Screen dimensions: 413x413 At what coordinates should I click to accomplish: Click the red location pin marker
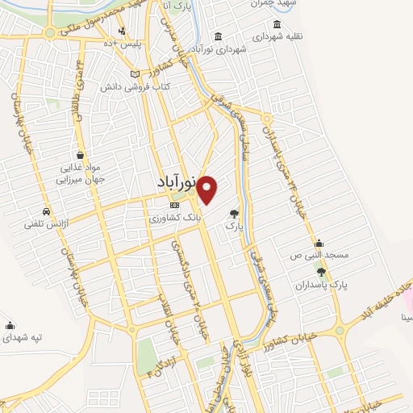point(207,189)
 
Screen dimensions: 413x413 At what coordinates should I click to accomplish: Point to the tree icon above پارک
point(234,214)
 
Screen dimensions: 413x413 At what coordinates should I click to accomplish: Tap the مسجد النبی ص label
point(320,255)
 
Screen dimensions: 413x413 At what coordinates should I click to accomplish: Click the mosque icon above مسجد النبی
point(319,243)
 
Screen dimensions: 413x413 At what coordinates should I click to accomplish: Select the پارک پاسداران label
point(321,286)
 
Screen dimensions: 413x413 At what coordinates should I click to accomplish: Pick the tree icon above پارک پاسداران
point(321,272)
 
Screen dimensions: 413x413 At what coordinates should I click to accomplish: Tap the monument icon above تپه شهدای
point(10,325)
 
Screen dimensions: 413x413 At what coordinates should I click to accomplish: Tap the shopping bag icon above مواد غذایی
point(81,154)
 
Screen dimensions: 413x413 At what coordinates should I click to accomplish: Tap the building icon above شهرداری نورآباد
point(219,35)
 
